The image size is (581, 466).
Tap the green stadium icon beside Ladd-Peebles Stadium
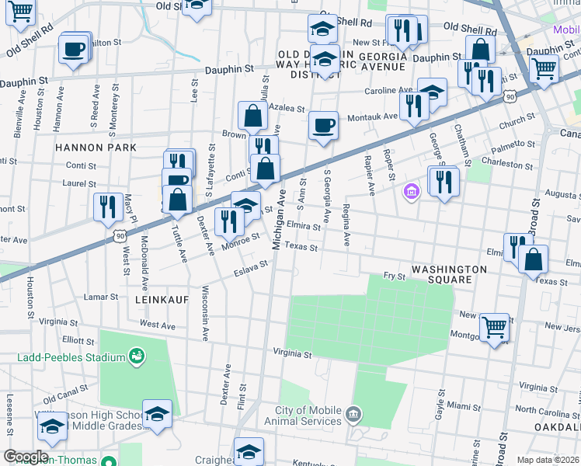137,356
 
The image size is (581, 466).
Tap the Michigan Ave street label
280,219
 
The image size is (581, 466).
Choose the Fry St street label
395,276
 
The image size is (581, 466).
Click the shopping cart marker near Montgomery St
494,327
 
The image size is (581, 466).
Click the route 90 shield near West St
118,233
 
